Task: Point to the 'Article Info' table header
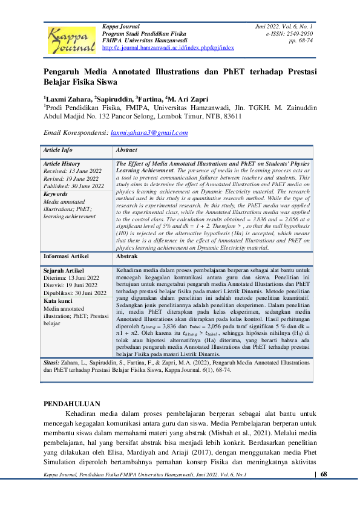pyautogui.click(x=58, y=150)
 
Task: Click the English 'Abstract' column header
pyautogui.click(x=126, y=150)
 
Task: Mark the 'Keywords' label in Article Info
pyautogui.click(x=56, y=194)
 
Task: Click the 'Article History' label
pyautogui.click(x=62, y=164)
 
